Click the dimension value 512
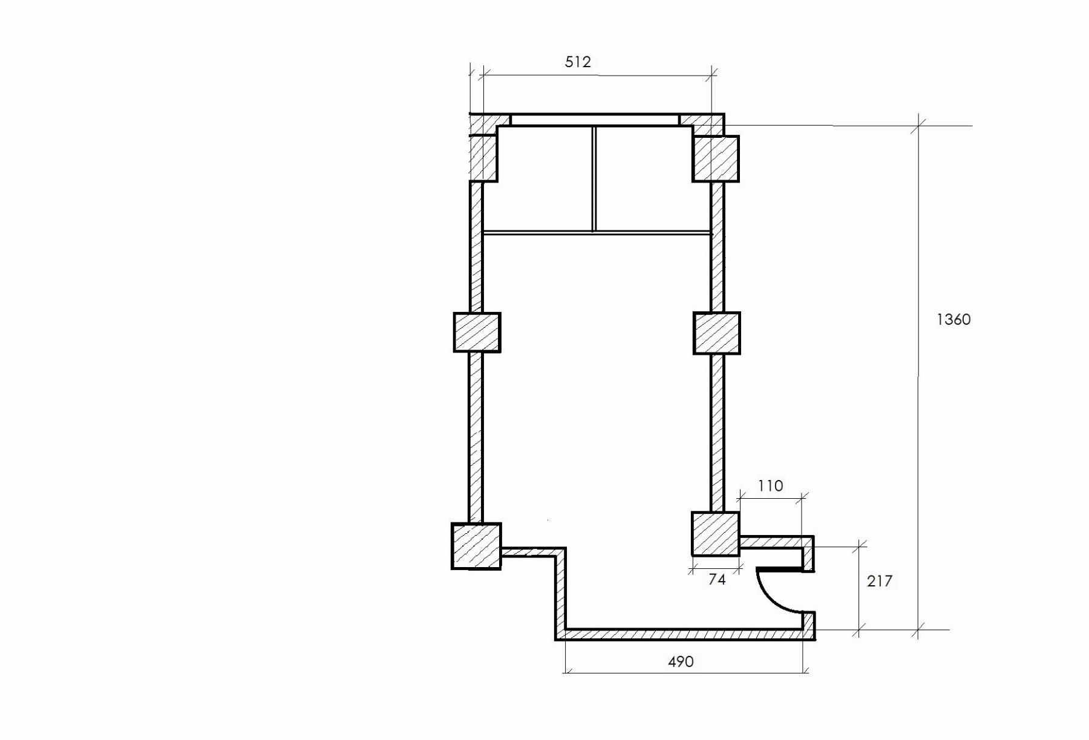click(578, 62)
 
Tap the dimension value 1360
click(953, 319)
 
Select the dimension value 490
click(681, 661)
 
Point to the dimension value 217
click(880, 581)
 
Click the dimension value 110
click(770, 485)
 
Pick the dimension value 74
click(717, 579)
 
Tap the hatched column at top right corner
click(716, 158)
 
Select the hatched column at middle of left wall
click(477, 332)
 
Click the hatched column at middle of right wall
click(717, 333)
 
